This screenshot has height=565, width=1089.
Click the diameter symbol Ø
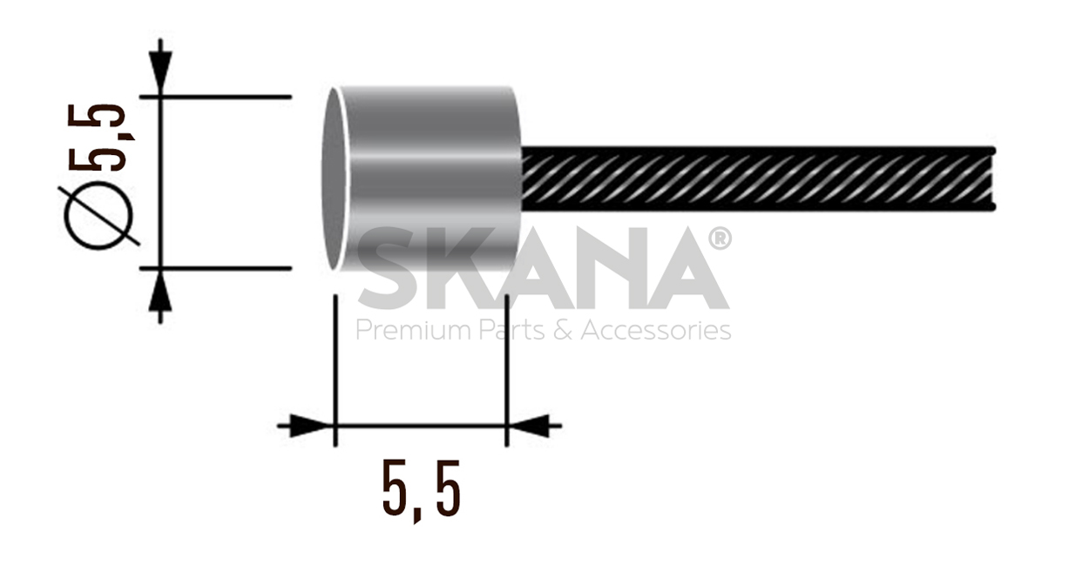pos(98,215)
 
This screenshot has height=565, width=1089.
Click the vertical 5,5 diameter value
pos(99,137)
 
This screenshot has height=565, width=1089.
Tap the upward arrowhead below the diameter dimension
pos(160,293)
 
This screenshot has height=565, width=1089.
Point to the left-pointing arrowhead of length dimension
pos(531,426)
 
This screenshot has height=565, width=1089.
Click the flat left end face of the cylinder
pos(334,178)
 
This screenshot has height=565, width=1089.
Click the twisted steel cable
pos(758,178)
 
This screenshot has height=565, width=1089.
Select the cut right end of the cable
pos(991,178)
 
